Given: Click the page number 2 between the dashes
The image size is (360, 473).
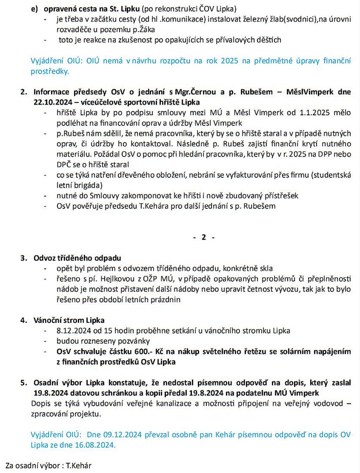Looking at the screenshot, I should click(x=204, y=238).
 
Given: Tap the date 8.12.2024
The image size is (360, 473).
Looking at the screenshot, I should click(x=71, y=331).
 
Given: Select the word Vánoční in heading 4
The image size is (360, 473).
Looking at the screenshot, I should click(x=47, y=320).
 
